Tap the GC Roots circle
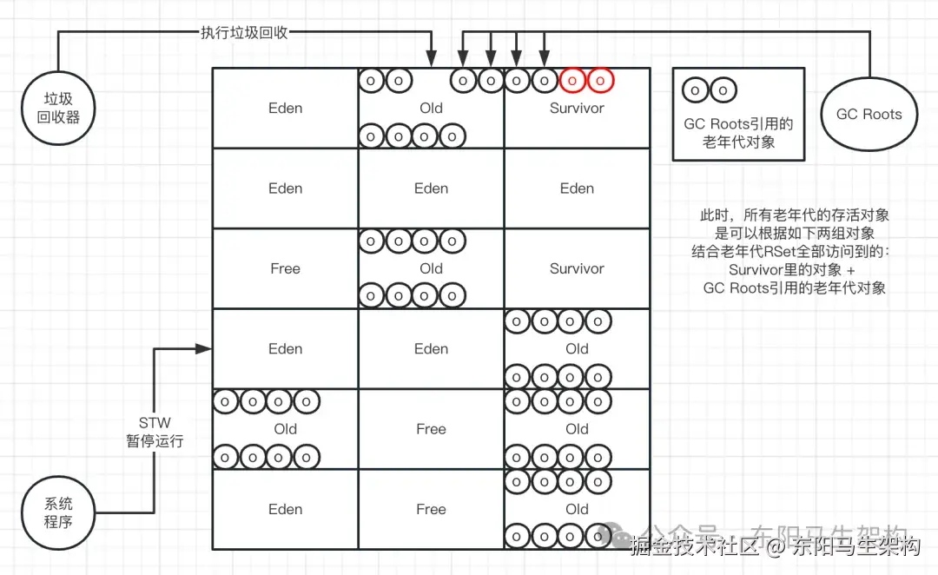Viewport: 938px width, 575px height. tap(869, 114)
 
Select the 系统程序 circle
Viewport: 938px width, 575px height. tap(58, 512)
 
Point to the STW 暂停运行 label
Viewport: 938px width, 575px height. tap(155, 433)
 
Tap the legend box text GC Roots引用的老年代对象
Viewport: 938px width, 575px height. tap(738, 132)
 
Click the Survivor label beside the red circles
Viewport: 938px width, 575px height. tap(577, 109)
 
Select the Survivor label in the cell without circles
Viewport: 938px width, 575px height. tap(577, 268)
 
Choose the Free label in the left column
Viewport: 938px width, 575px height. tap(285, 268)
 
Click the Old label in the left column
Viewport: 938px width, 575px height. tap(285, 429)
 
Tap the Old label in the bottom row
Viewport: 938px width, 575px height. tap(577, 509)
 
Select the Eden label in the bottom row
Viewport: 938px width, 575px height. tap(285, 509)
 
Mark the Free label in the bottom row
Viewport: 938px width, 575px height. tap(431, 509)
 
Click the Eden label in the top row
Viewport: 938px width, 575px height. tap(285, 109)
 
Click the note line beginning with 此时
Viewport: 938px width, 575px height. tap(795, 215)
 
